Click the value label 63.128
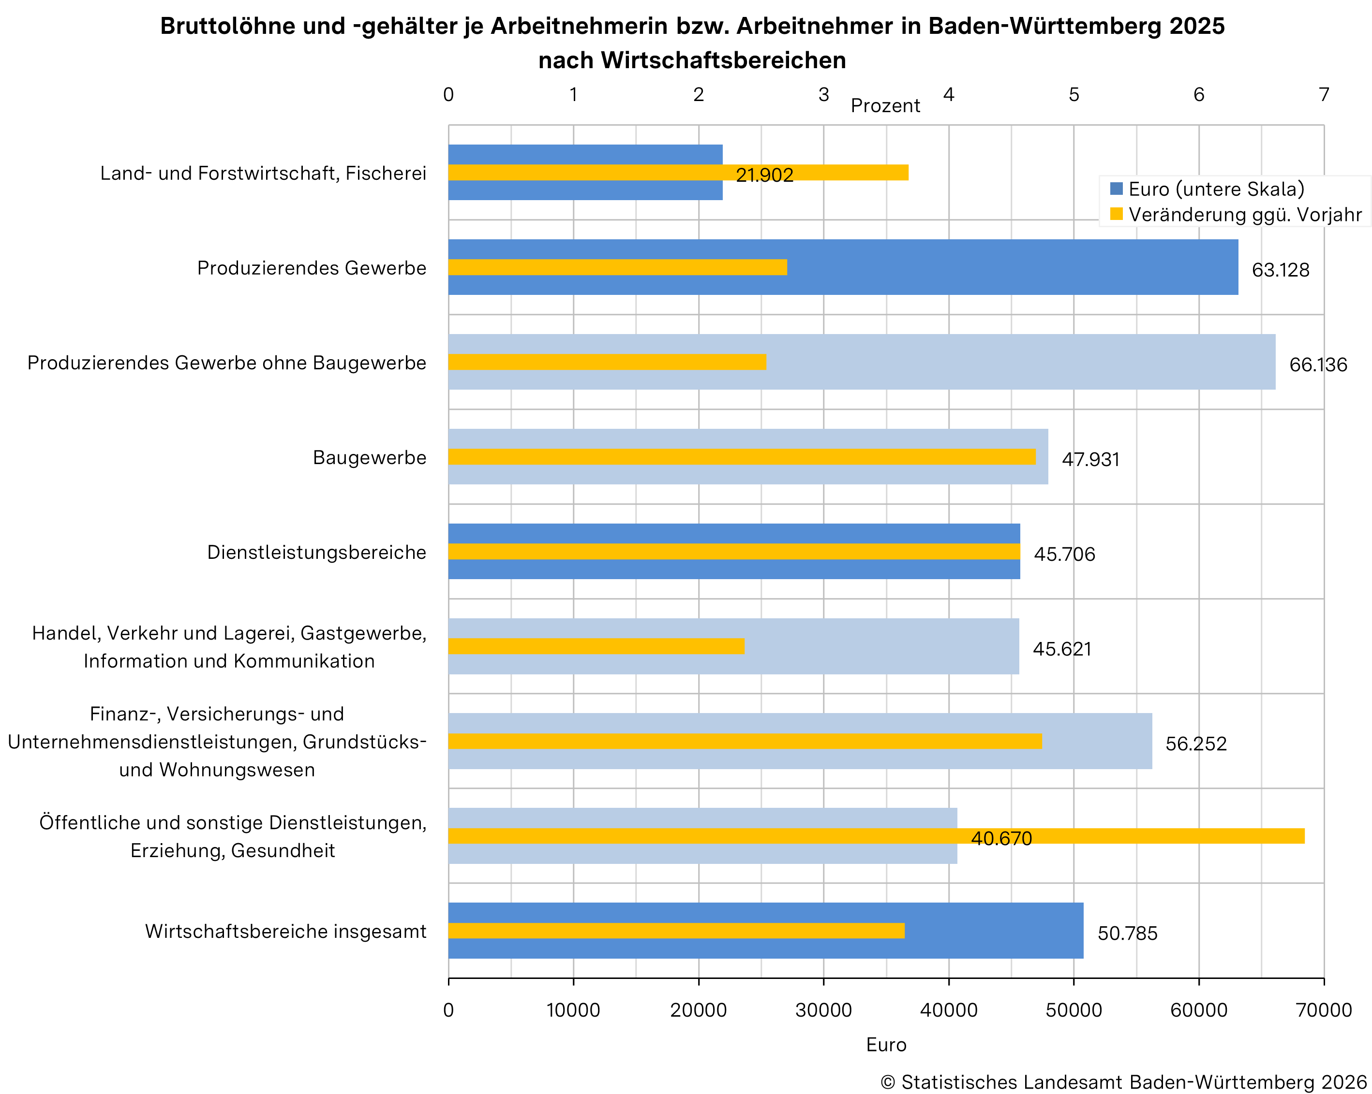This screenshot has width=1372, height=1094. [1281, 270]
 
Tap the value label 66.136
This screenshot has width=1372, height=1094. [1318, 365]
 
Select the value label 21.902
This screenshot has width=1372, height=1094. [764, 175]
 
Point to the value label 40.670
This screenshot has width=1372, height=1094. [1001, 839]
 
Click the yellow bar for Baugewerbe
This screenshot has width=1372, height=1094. [741, 457]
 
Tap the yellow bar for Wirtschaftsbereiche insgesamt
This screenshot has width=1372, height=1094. [676, 931]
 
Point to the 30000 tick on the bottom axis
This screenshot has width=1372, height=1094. [823, 1010]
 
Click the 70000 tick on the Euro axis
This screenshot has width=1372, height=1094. [1324, 1010]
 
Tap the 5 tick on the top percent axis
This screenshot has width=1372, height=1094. [1074, 95]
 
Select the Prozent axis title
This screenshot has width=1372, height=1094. [885, 105]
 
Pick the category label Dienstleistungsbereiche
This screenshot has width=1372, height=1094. [316, 552]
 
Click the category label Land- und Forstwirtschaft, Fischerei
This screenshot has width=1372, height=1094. [263, 173]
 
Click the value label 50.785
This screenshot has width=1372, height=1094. [1127, 934]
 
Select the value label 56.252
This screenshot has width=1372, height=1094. [1196, 744]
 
